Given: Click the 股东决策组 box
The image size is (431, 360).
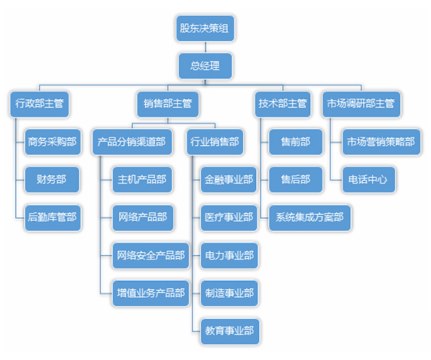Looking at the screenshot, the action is [205, 28].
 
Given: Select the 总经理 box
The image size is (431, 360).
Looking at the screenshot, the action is [205, 66].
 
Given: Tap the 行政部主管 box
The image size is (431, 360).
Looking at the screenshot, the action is [39, 104].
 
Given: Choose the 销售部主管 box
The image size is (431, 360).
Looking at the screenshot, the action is [168, 104].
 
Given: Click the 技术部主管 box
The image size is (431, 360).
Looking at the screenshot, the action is [283, 104].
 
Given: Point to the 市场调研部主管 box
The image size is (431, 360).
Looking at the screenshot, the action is [361, 104].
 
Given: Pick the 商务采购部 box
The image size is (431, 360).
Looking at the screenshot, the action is [53, 142].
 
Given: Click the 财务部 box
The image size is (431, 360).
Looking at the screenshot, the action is [52, 179].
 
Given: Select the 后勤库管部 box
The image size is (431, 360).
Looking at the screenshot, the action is [53, 218].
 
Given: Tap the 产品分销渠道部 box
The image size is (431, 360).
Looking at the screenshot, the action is [132, 142].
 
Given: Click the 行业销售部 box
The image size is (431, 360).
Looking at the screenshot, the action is [215, 142].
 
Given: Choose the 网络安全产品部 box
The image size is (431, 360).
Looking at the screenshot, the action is [151, 255].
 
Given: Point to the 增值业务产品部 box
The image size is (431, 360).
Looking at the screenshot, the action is [151, 293].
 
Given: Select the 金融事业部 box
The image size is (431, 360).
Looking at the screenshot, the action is [229, 179].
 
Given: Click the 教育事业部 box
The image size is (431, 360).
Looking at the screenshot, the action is [230, 331].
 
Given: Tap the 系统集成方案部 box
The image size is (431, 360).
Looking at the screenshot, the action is [310, 218].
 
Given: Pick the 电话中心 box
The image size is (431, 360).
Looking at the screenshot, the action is [369, 179].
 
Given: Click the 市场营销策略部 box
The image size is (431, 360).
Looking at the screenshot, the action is [381, 142].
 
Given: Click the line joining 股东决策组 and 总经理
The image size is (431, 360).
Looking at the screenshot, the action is [205, 47].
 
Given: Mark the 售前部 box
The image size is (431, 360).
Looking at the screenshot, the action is [296, 142].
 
